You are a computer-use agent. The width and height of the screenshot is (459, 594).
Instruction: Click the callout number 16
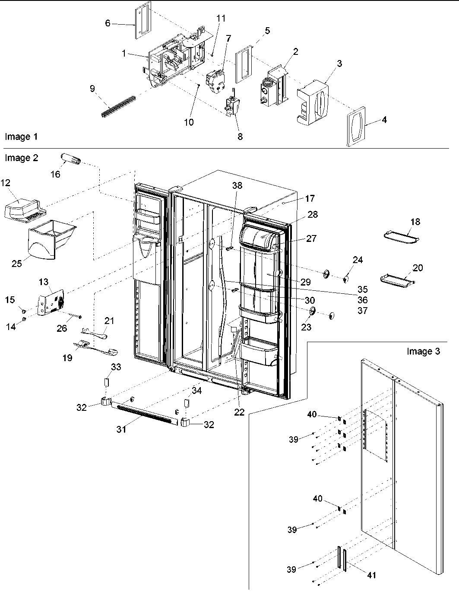tap(55, 174)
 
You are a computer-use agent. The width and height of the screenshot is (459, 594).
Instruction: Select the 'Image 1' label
tap(21, 137)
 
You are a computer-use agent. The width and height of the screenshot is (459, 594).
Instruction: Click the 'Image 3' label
tap(423, 351)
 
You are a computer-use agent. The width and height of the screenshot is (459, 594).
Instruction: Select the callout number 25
tap(16, 263)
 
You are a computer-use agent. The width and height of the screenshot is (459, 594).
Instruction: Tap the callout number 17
tap(310, 199)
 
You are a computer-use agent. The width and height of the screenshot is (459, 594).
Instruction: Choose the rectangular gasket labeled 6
tap(142, 20)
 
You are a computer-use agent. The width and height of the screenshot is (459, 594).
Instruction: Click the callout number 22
tap(239, 412)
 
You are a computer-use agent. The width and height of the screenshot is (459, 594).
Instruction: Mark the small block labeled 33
tap(106, 383)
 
